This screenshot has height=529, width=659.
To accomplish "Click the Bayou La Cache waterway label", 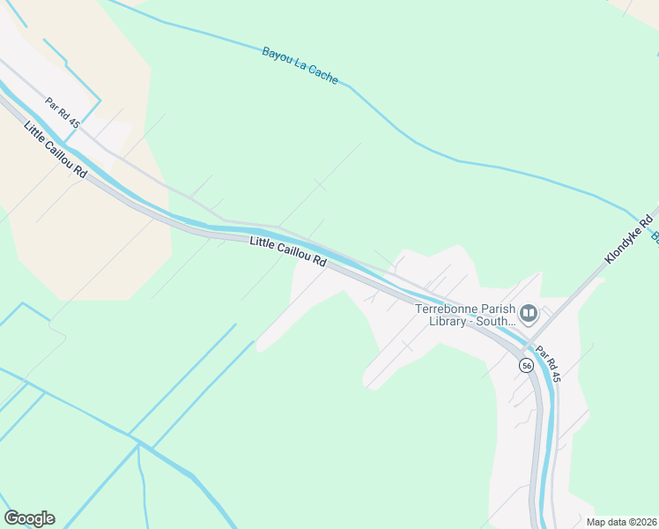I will [x=300, y=64].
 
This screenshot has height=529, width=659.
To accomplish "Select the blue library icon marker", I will [x=529, y=313].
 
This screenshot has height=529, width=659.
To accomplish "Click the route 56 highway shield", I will [x=526, y=365].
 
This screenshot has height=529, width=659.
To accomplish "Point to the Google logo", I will [x=29, y=518].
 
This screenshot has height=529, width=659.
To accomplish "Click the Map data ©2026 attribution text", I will [x=621, y=521].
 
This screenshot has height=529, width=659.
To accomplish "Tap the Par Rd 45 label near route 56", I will [x=546, y=364].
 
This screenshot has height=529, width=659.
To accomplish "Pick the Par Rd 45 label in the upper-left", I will [x=63, y=112].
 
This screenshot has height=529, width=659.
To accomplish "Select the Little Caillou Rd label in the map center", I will [x=288, y=251].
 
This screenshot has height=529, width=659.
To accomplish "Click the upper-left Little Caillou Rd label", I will [x=56, y=150].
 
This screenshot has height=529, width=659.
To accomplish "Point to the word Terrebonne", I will [x=447, y=309].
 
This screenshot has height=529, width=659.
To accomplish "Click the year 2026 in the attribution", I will [x=644, y=521].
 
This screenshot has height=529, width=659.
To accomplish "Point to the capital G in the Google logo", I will [x=11, y=518].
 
